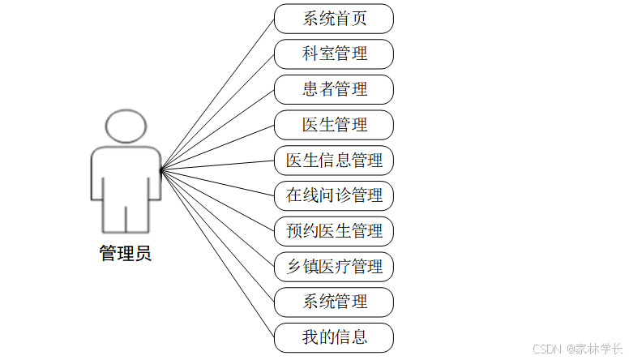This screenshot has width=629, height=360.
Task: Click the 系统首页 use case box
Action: [x=334, y=19]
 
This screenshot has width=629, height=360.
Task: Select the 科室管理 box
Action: [x=334, y=54]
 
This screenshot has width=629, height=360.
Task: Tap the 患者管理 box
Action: [x=334, y=89]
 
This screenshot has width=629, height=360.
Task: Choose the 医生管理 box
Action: [x=334, y=125]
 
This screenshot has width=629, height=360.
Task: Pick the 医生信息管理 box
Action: [x=334, y=160]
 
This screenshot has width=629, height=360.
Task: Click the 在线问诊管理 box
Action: [x=334, y=195]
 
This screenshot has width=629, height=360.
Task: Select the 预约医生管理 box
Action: [x=334, y=231]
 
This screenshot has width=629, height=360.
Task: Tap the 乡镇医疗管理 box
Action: [x=334, y=266]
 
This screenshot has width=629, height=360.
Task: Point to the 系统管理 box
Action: [x=334, y=302]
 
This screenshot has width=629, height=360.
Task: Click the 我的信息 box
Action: [x=334, y=336]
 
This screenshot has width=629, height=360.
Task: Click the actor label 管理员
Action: [x=126, y=253]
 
